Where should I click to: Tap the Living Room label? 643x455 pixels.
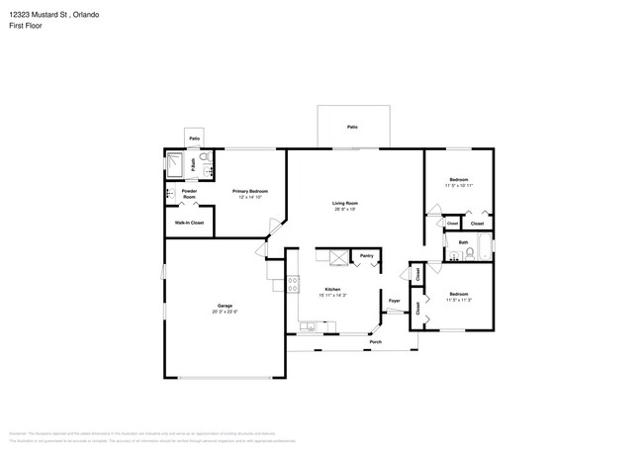coord(344,203)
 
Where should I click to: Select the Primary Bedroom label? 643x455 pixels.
coord(250,190)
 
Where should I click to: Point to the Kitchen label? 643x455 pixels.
coord(331,289)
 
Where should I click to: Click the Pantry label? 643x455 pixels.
coord(366,255)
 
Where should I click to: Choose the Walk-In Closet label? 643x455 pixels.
coord(189,224)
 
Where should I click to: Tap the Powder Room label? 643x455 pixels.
coord(189,194)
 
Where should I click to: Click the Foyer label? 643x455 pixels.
coord(394,300)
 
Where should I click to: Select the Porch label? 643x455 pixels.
coord(375,342)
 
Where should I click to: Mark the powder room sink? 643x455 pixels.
coord(169,194)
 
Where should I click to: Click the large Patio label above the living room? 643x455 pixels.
coord(352,127)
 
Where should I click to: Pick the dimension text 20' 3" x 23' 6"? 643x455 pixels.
coord(226,312)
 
